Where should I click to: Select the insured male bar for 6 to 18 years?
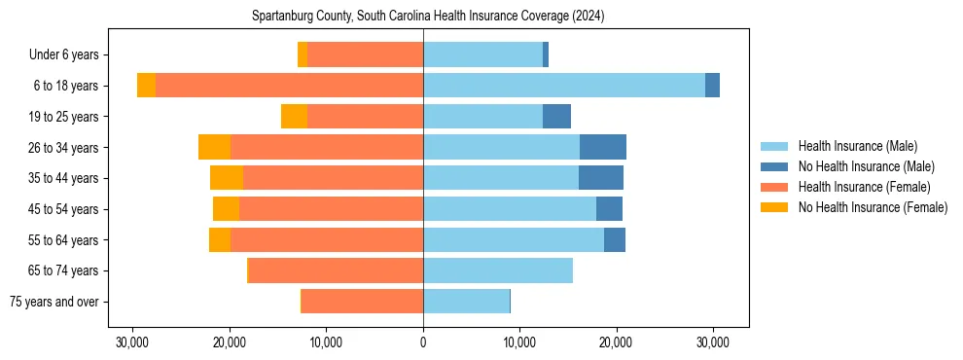click(564, 86)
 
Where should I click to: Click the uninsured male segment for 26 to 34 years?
click(603, 147)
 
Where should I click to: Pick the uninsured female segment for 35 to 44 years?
click(227, 178)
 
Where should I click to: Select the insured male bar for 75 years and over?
click(466, 302)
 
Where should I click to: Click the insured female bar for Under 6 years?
click(365, 54)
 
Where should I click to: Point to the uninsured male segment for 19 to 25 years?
click(556, 117)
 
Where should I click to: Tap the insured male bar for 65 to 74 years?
click(498, 270)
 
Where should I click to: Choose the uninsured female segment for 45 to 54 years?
click(226, 209)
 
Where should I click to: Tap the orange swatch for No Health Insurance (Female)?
click(775, 207)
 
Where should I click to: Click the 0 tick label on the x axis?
click(423, 342)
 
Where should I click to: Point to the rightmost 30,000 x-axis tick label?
click(713, 342)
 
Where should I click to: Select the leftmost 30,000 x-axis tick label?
click(132, 342)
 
